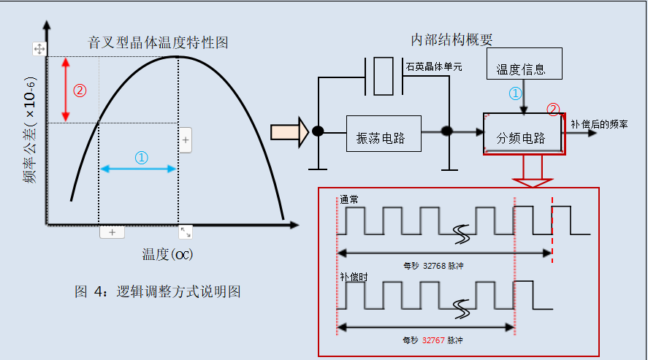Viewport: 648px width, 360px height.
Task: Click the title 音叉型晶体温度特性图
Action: [157, 42]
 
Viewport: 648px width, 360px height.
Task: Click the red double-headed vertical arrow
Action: [66, 89]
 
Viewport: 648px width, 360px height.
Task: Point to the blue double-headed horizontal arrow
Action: [139, 169]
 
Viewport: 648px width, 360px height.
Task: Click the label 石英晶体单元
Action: [433, 66]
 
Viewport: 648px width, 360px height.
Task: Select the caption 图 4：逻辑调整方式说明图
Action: [158, 291]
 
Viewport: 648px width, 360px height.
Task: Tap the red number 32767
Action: [433, 340]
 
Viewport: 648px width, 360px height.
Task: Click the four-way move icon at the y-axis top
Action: [39, 49]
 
